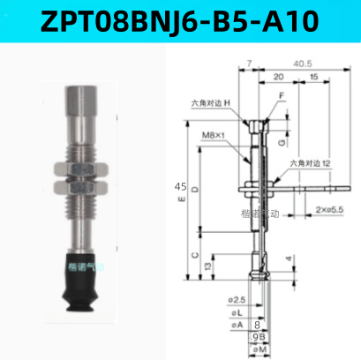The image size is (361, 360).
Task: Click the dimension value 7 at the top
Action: pos(251,64)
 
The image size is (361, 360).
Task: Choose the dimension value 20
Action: pos(278,77)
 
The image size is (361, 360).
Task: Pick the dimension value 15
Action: pos(314,77)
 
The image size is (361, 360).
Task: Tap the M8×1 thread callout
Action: pos(214,134)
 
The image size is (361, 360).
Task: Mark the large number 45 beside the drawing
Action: pos(180,187)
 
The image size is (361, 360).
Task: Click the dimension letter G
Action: pos(282,141)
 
